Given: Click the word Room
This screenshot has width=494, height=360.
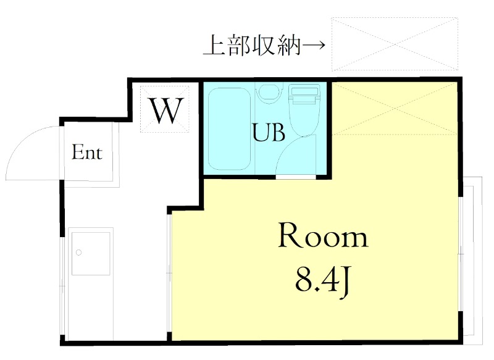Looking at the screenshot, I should pyautogui.click(x=322, y=237).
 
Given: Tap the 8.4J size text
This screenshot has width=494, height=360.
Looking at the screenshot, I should pyautogui.click(x=323, y=281).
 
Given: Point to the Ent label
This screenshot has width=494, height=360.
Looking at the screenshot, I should pyautogui.click(x=87, y=153).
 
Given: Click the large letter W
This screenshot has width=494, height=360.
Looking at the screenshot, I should pyautogui.click(x=165, y=111).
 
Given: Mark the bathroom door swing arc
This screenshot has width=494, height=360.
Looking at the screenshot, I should pyautogui.click(x=290, y=154).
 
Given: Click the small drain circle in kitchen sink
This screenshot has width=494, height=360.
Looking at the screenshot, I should pyautogui.click(x=78, y=252).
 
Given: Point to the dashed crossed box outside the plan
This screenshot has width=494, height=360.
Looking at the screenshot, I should pyautogui.click(x=395, y=44).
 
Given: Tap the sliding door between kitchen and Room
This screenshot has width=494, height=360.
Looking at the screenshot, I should pyautogui.click(x=169, y=272).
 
